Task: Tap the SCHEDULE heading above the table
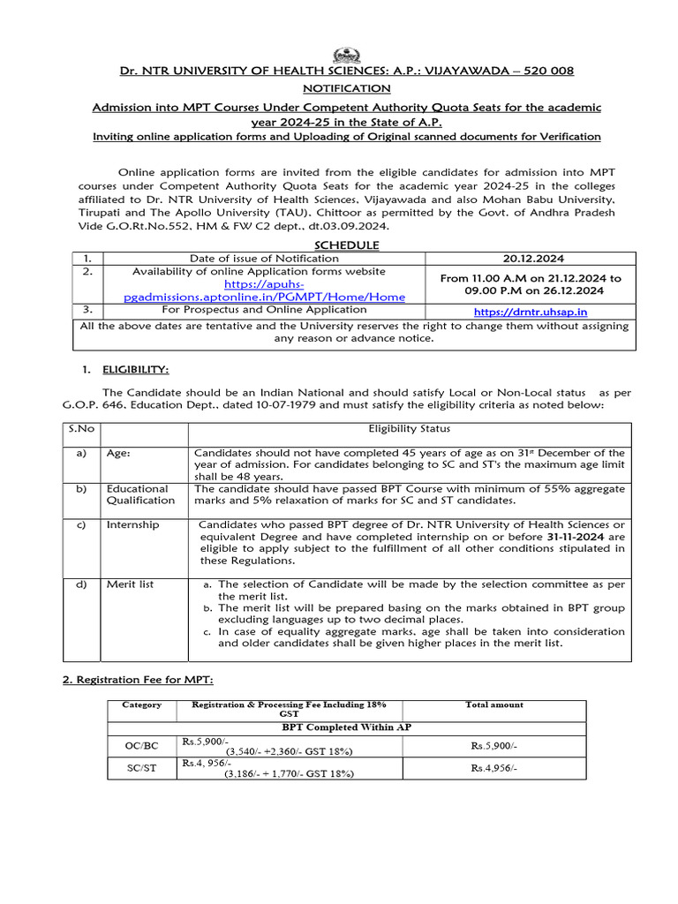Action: [x=347, y=245]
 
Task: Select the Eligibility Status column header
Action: [x=409, y=429]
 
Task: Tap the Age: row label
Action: [x=119, y=453]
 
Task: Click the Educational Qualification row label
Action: [x=140, y=494]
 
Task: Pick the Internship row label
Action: [x=133, y=524]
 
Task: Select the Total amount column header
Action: [x=493, y=704]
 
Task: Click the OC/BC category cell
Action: [x=140, y=746]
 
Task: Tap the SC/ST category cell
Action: [x=140, y=768]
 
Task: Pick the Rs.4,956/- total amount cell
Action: [x=493, y=768]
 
